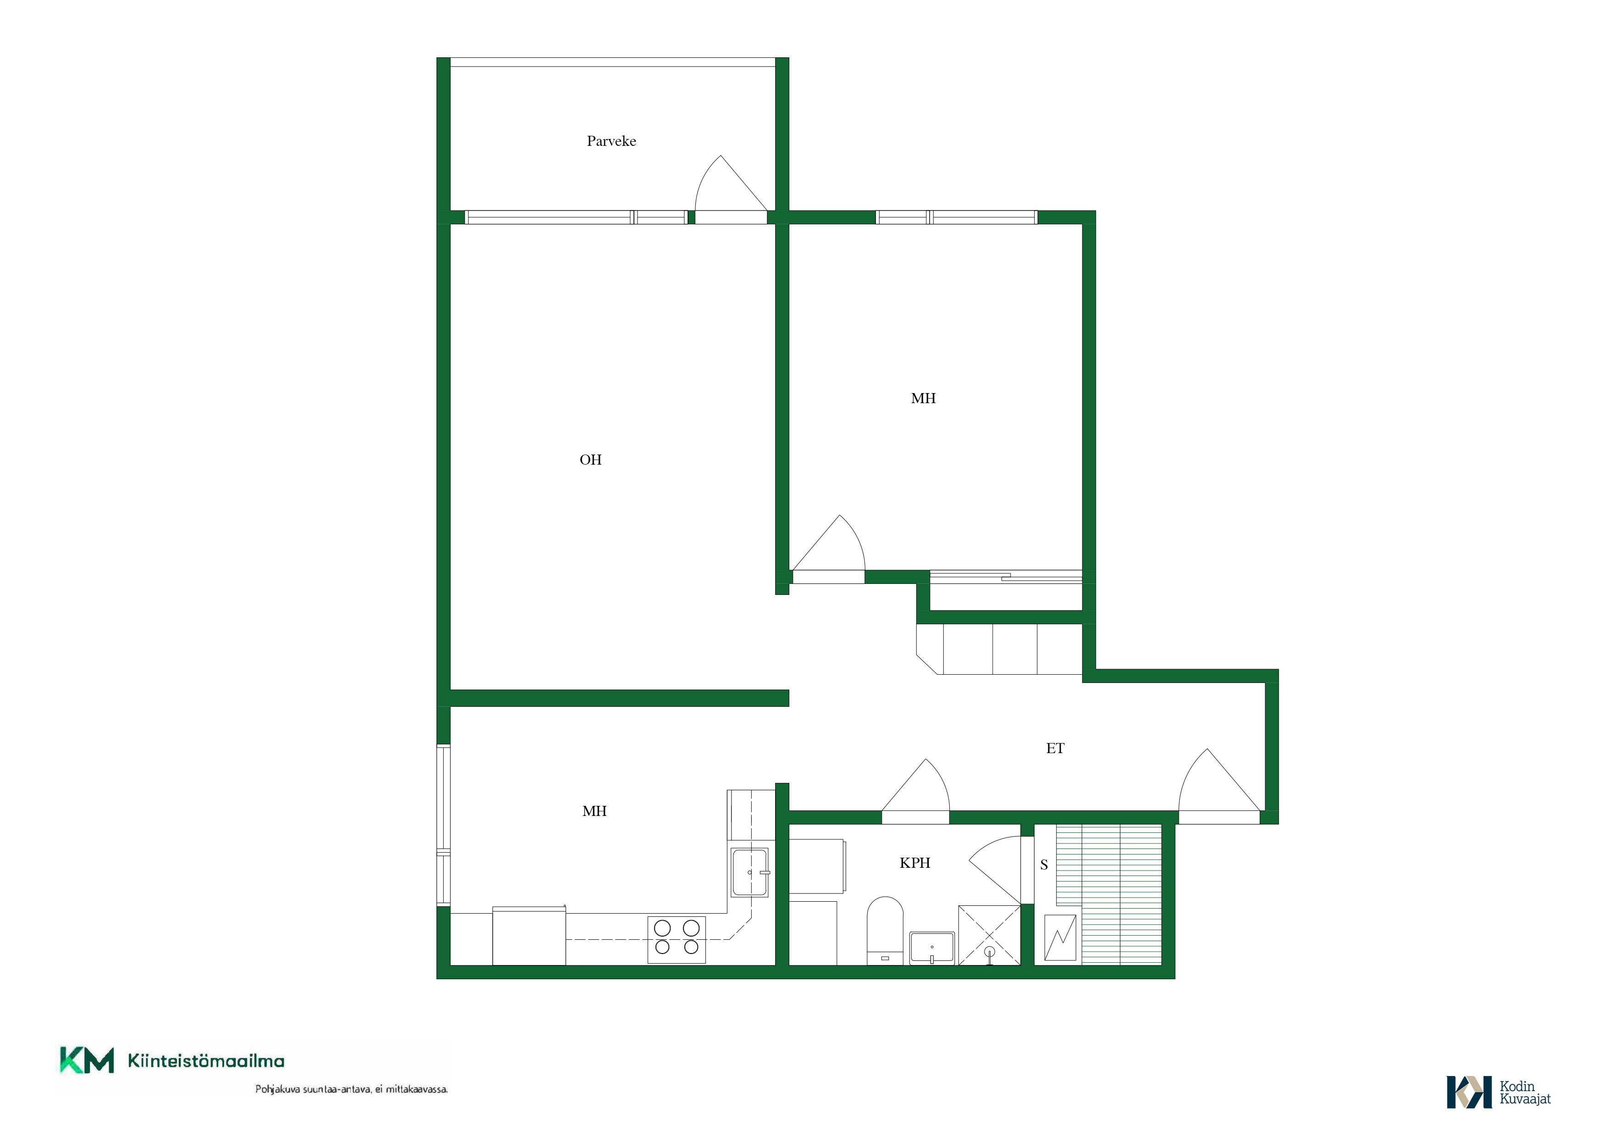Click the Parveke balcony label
pos(611,141)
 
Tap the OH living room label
pos(590,460)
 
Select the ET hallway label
pos(1055,748)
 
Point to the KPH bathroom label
pos(914,863)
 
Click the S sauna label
pos(1044,865)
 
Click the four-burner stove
pos(677,939)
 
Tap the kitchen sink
pos(750,872)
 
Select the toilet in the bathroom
pos(885,930)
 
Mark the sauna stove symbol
pos(1060,937)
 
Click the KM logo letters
pos(87,1060)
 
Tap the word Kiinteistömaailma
pos(206,1061)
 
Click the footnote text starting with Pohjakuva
pos(351,1089)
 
